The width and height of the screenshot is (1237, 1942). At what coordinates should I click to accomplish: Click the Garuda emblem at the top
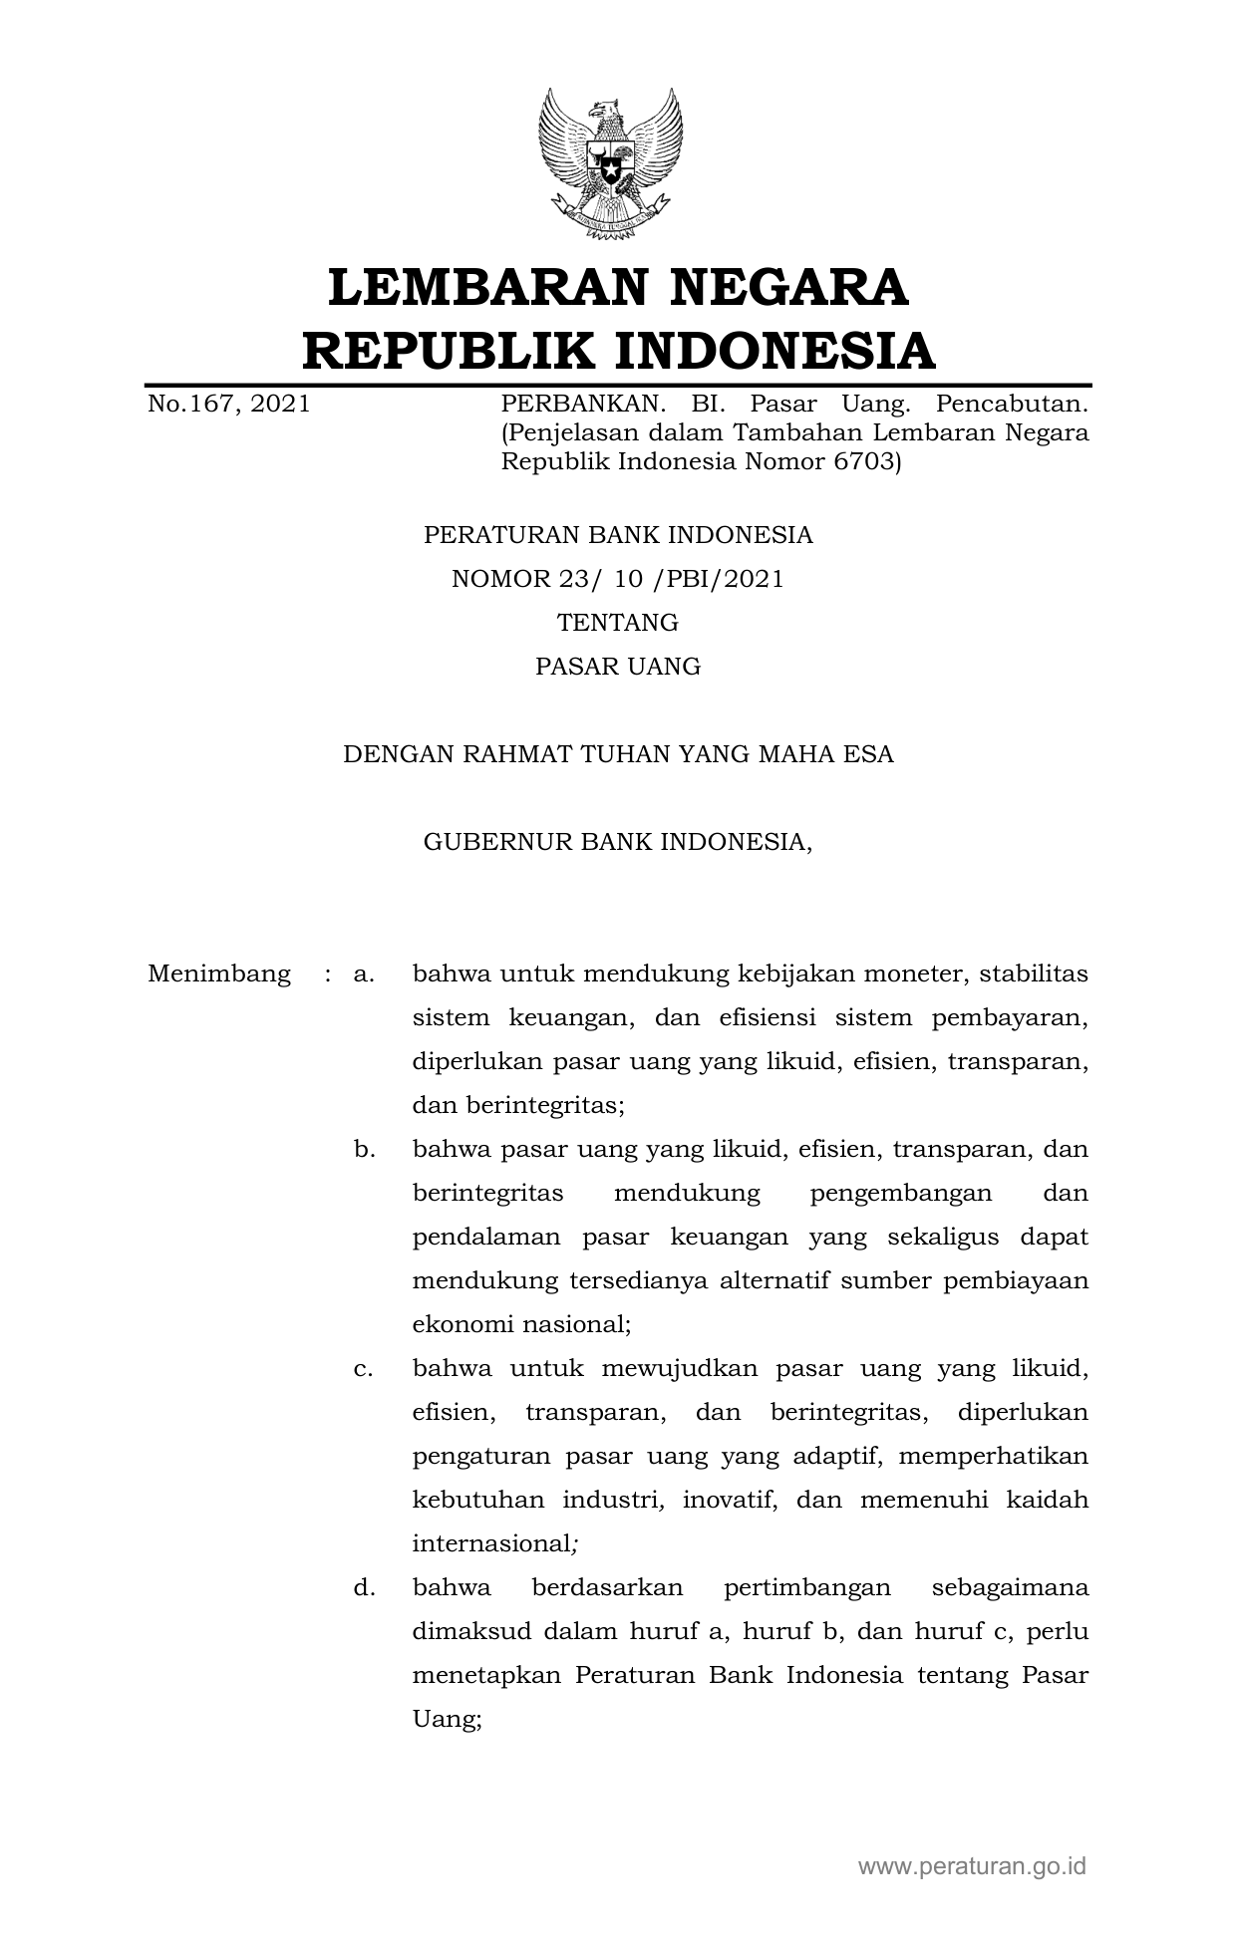click(x=610, y=163)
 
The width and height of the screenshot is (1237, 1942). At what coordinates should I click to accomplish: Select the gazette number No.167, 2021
click(x=228, y=404)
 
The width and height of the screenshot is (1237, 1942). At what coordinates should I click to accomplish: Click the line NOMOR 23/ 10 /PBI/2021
click(x=618, y=579)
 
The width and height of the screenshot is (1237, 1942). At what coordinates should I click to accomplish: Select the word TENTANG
click(x=618, y=623)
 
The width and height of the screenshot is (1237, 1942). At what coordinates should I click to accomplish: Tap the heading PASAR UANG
click(x=618, y=667)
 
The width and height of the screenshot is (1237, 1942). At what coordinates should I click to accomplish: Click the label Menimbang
click(x=219, y=973)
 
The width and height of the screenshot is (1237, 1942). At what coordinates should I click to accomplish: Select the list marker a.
click(x=364, y=973)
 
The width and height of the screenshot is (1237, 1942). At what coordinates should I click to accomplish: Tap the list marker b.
click(x=364, y=1149)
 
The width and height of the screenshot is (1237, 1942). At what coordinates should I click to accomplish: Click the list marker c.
click(x=364, y=1368)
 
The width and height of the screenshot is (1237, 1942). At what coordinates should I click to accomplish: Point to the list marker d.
click(x=364, y=1587)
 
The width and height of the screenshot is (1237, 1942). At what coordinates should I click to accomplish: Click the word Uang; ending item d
click(x=448, y=1719)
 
